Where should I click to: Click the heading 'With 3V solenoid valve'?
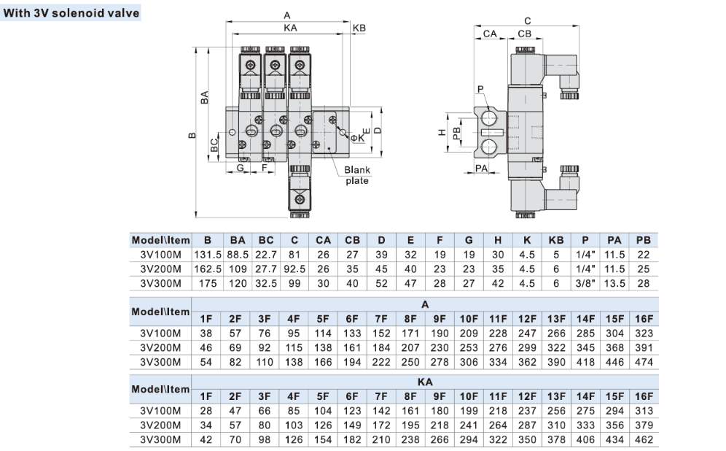point(71,12)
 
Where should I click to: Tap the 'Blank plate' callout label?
point(357,175)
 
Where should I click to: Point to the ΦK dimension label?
point(357,138)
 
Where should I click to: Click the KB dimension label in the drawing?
point(359,28)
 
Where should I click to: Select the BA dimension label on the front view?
point(204,97)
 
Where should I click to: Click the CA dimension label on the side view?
point(490,34)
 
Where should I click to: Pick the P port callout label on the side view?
point(480,89)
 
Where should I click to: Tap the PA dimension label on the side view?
point(482,169)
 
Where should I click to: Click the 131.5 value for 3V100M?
point(208,255)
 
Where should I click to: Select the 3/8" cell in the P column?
point(585,283)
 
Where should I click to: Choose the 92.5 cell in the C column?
point(294,269)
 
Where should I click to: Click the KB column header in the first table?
point(556,240)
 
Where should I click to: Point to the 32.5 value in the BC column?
point(266,283)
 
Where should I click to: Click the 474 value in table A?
point(644,362)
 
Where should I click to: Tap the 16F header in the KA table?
point(644,396)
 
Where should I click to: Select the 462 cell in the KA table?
point(644,439)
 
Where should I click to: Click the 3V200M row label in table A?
point(160,347)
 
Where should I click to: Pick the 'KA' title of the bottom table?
point(425,382)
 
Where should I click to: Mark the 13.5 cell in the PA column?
point(614,283)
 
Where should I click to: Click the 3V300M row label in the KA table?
point(160,439)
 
